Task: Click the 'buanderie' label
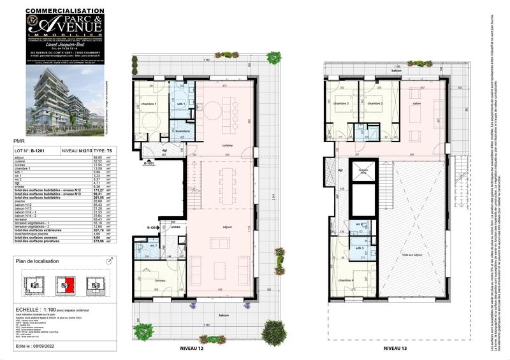click(183, 131)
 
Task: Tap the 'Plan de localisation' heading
click(42, 262)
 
